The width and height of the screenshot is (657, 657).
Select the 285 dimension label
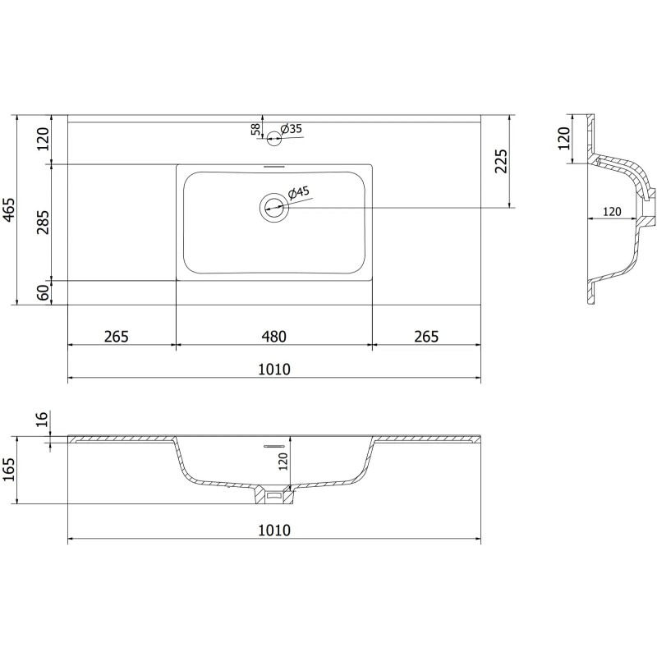pos(44,222)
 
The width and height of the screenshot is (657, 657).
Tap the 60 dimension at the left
pos(44,292)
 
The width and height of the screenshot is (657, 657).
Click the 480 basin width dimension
pos(273,336)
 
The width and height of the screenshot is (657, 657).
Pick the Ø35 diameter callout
pos(292,129)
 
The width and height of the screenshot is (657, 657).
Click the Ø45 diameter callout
pos(298,193)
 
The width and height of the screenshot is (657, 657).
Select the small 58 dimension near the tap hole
pos(256,130)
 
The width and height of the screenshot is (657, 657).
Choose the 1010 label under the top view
pos(273,369)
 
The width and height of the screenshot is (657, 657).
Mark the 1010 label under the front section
pos(273,530)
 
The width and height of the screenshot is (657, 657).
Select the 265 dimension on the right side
pos(425,336)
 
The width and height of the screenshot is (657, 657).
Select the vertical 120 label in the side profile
pos(564,137)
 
